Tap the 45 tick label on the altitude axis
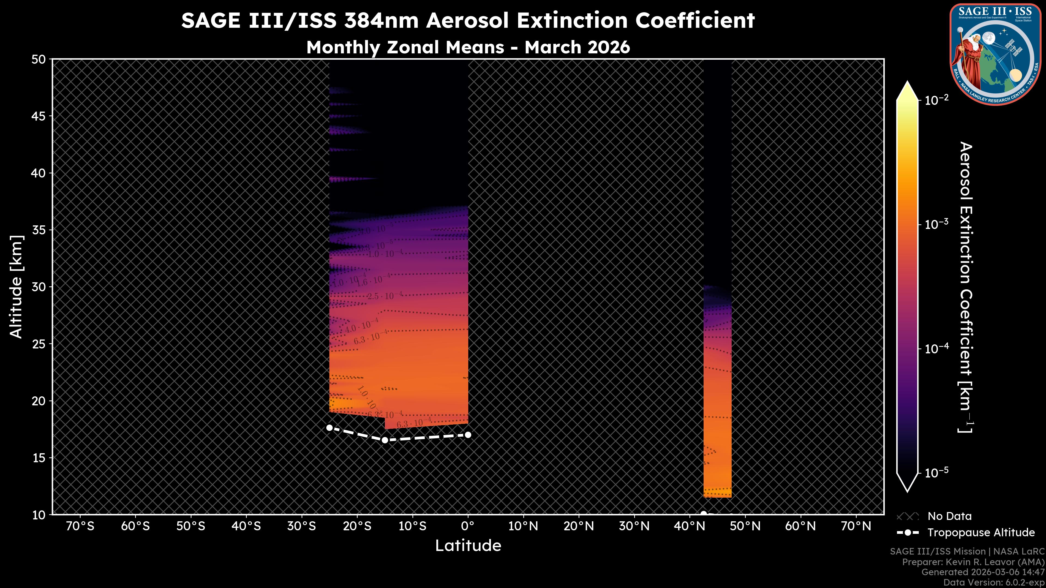pos(39,117)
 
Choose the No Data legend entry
pos(949,516)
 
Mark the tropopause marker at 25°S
pos(329,428)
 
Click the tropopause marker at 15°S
pos(385,440)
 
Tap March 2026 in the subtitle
pos(577,47)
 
